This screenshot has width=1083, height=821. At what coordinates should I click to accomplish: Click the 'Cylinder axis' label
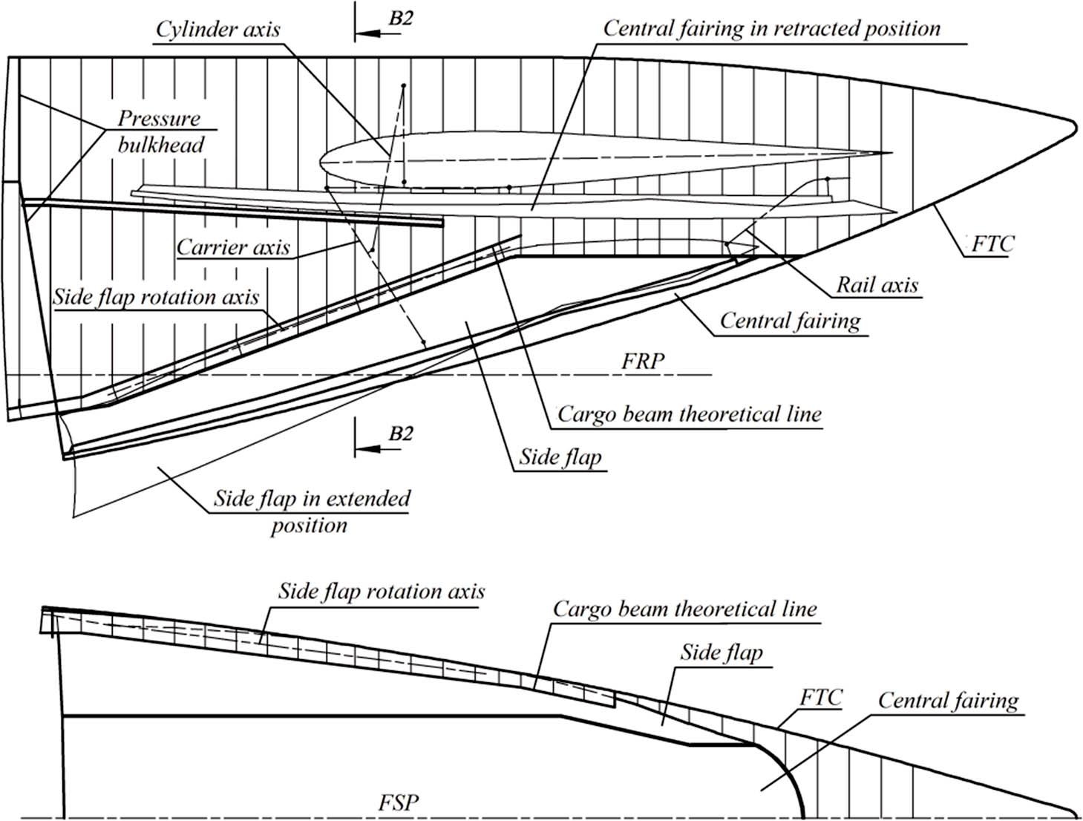217,30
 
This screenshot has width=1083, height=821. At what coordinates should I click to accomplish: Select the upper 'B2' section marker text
400,19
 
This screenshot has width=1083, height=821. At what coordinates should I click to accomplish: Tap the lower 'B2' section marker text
400,434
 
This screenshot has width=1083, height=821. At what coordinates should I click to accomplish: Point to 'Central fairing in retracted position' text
771,29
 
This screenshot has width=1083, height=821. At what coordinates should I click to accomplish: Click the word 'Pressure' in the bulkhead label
159,119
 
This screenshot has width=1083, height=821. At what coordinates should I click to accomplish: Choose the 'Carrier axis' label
232,247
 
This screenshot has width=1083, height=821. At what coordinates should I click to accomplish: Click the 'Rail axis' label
877,285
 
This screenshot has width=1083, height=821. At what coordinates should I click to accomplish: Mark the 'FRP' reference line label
643,362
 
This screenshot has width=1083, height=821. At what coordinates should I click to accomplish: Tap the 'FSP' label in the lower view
398,803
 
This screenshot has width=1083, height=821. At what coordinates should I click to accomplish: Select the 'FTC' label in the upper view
991,243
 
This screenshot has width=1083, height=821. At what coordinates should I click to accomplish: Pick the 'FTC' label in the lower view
821,698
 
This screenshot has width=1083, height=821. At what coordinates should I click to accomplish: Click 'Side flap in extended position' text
311,511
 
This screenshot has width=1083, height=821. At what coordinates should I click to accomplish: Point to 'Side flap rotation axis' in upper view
156,298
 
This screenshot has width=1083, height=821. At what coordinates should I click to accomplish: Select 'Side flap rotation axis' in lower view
381,592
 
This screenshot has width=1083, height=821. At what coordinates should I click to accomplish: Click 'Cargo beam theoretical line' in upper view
689,414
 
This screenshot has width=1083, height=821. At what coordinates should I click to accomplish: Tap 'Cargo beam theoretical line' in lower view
684,610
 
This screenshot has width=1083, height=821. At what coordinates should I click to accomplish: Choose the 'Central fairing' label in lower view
948,701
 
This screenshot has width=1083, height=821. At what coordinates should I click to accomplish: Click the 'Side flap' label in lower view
721,652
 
